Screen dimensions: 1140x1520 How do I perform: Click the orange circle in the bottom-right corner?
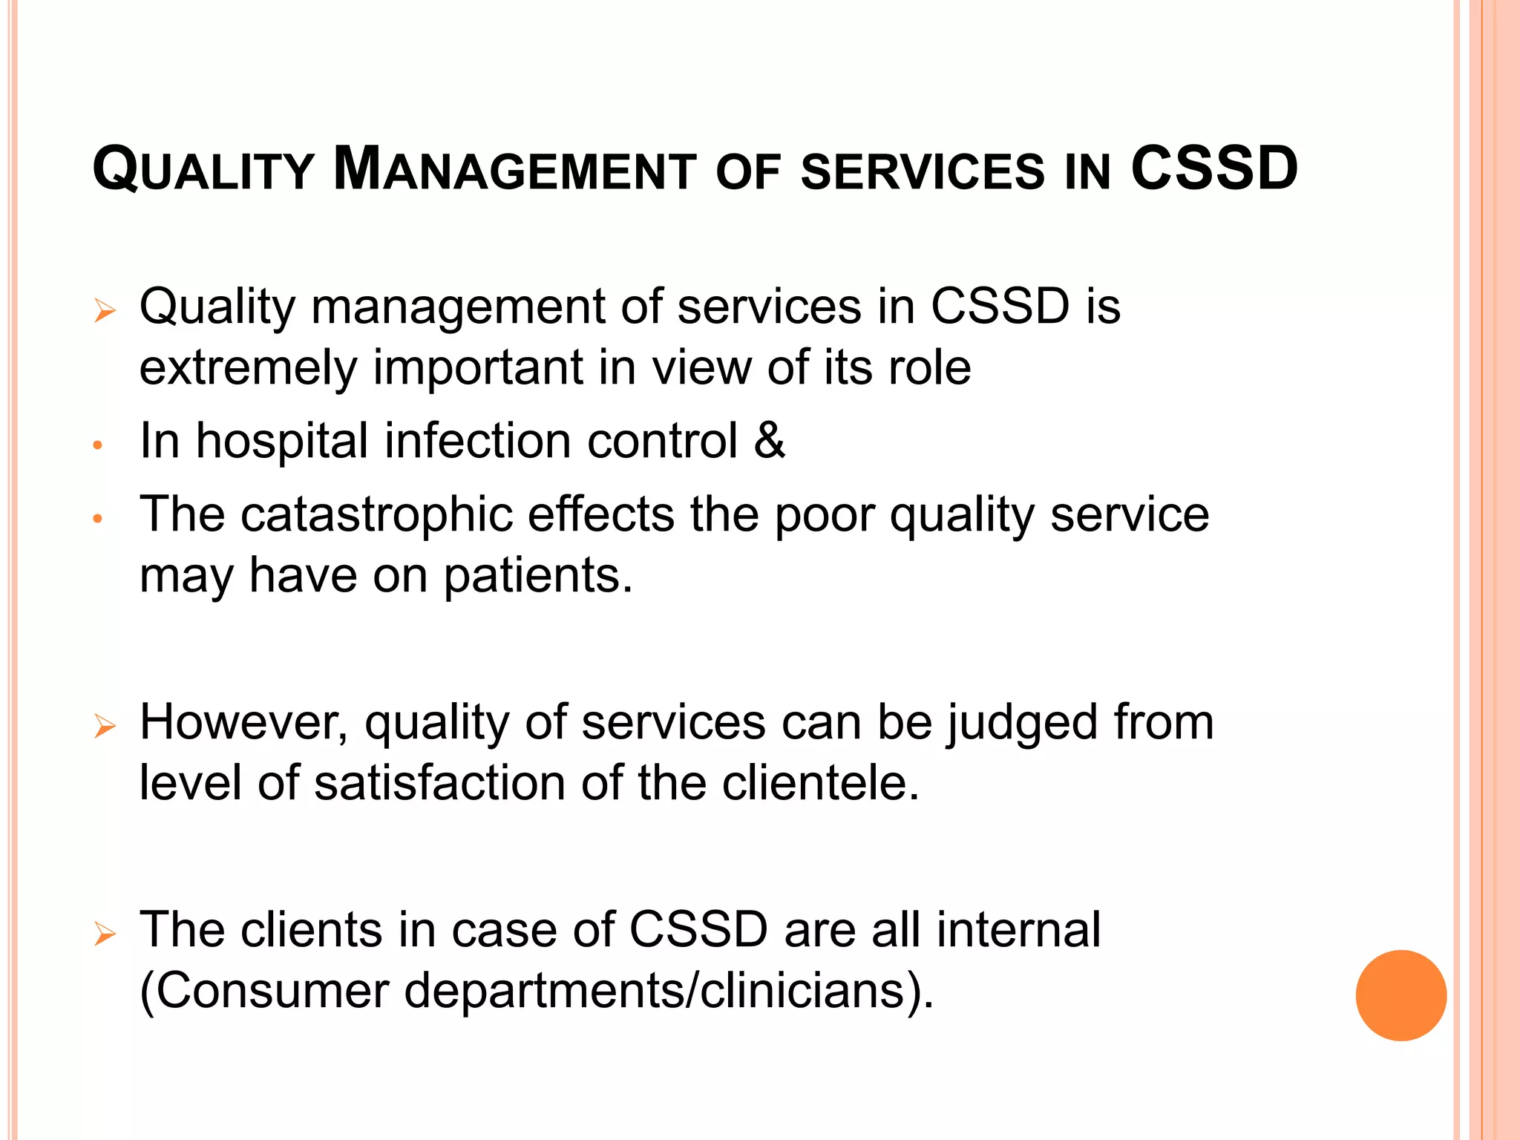pyautogui.click(x=1401, y=995)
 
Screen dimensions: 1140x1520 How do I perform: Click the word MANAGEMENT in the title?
pyautogui.click(x=514, y=170)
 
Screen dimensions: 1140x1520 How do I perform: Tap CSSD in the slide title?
pyautogui.click(x=1214, y=168)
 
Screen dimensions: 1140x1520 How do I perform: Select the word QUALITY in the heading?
pyautogui.click(x=203, y=170)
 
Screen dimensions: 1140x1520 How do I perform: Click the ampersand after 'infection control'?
pyautogui.click(x=770, y=440)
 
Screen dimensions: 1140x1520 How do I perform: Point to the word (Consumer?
pyautogui.click(x=264, y=991)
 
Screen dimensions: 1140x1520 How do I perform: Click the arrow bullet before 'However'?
pyautogui.click(x=105, y=726)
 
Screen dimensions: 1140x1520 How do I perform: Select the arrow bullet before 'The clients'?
pyautogui.click(x=105, y=934)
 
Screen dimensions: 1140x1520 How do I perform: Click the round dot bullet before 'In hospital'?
pyautogui.click(x=96, y=446)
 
